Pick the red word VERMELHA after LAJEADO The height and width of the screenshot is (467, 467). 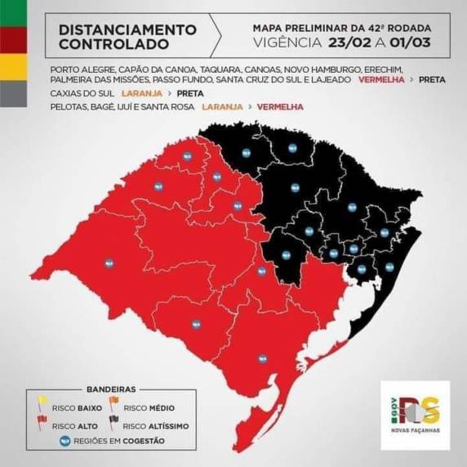(378, 83)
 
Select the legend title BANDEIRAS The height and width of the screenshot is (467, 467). (109, 389)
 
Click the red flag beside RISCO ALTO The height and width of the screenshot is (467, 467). (40, 424)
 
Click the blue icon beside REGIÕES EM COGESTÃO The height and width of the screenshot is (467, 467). (65, 441)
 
